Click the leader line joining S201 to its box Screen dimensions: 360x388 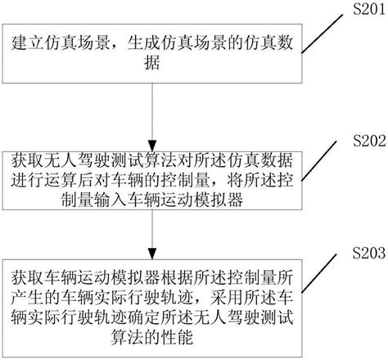[x=319, y=22]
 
